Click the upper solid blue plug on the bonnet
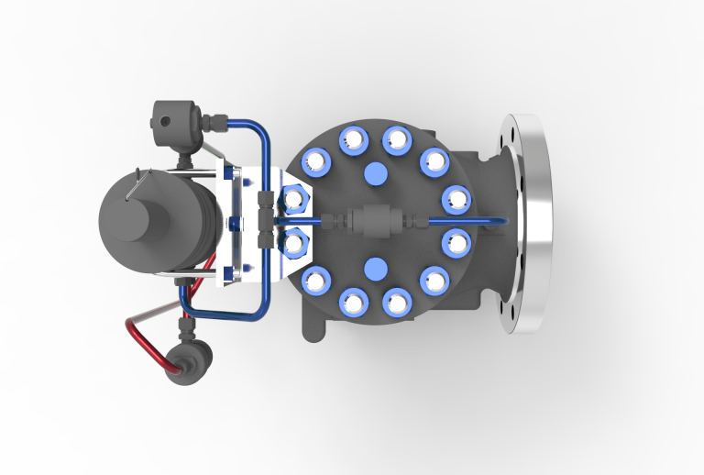(375, 173)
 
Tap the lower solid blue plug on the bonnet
(375, 268)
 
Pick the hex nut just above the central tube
(294, 198)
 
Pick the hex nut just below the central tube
(294, 243)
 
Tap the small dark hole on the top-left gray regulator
(165, 119)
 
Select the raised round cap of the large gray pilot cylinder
(128, 221)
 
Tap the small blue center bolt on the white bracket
(235, 221)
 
